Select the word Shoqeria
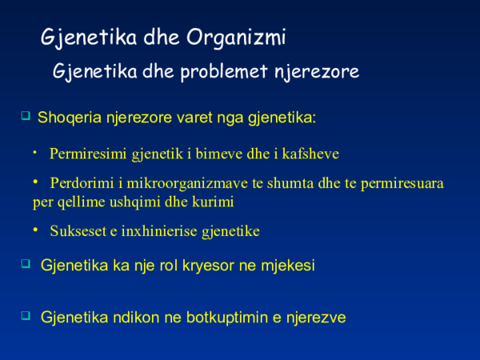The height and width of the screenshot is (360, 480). (69, 118)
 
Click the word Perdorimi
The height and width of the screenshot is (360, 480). (82, 183)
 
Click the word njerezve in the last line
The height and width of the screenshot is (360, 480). (317, 318)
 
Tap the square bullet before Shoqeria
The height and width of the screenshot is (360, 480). (25, 116)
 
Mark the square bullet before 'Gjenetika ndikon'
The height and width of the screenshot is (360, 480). (25, 316)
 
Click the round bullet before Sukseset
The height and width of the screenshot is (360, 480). (36, 230)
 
